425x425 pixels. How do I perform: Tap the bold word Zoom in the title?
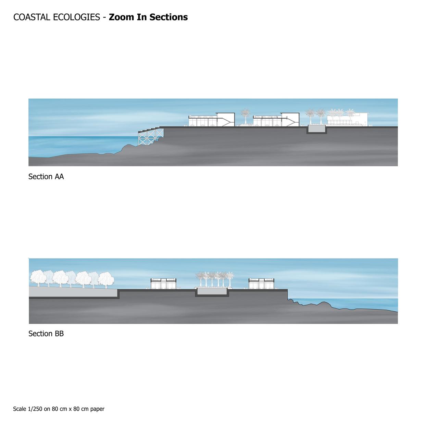coord(120,17)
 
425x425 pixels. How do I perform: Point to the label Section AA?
coord(46,177)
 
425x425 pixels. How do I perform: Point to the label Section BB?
coord(46,334)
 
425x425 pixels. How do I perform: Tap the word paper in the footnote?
coord(97,409)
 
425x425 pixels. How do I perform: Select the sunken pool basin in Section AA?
coord(316,129)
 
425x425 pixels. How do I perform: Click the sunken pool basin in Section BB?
coord(212,292)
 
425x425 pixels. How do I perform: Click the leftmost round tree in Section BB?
coord(38,278)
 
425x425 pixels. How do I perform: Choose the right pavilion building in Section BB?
coord(262,284)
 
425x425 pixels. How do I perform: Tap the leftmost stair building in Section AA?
coord(212,120)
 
